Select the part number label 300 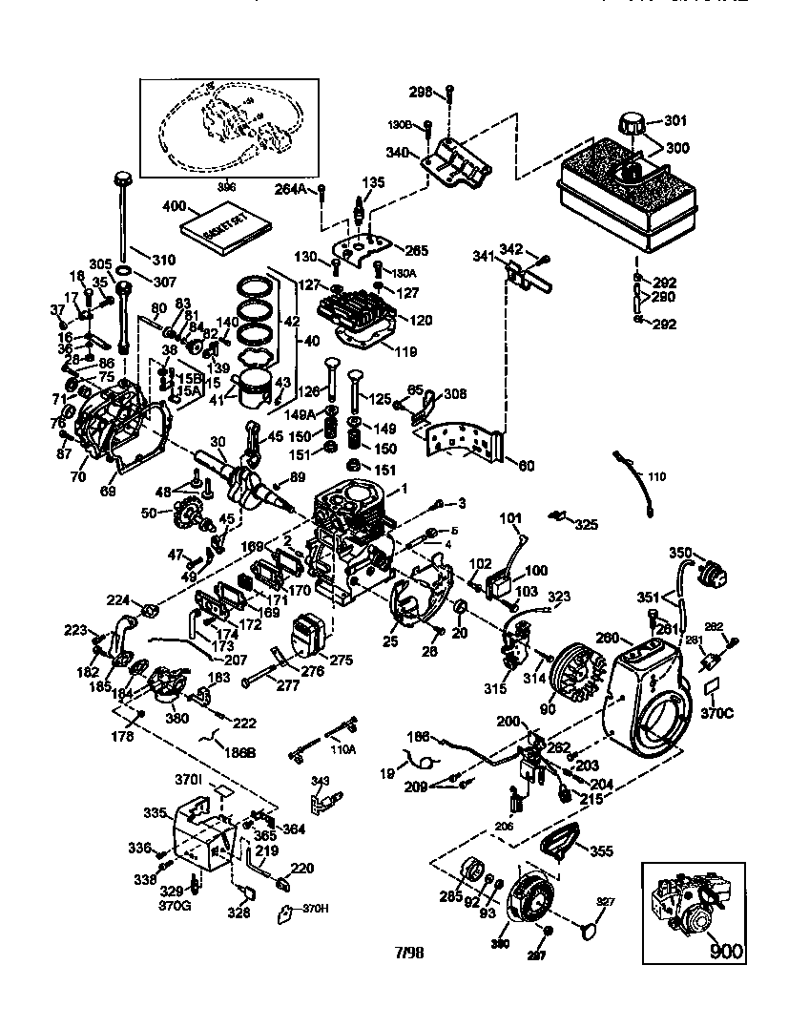pyautogui.click(x=675, y=149)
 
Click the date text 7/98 pyautogui.click(x=407, y=953)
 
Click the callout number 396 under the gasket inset pyautogui.click(x=226, y=187)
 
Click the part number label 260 pyautogui.click(x=609, y=638)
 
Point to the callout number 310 pyautogui.click(x=164, y=259)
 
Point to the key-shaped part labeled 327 pyautogui.click(x=591, y=922)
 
